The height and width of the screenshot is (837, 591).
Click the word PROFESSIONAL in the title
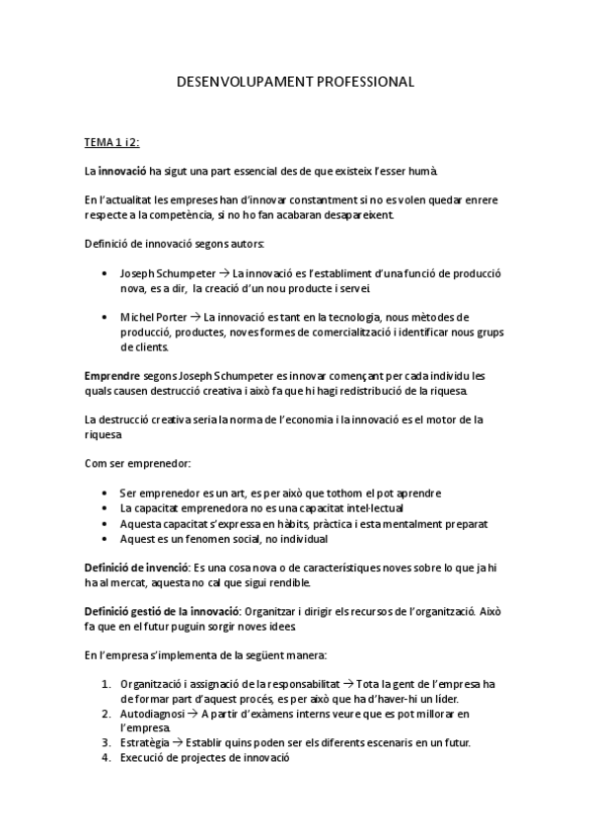(x=363, y=83)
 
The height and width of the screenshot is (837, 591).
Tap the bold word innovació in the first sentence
(x=122, y=171)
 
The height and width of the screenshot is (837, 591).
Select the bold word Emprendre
(x=111, y=377)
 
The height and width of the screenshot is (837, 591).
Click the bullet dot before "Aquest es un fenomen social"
(x=105, y=540)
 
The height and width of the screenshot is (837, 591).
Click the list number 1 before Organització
(x=106, y=683)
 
